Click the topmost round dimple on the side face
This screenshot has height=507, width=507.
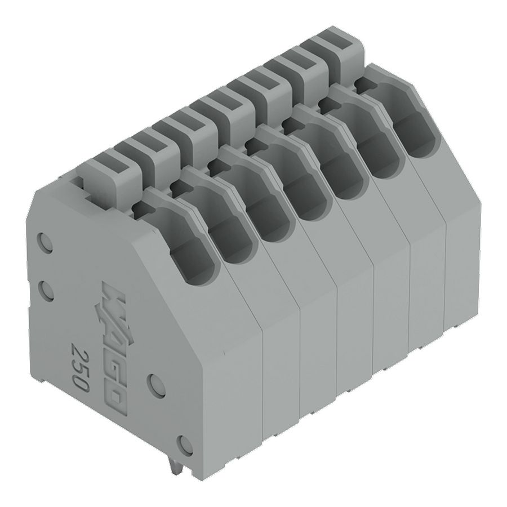45,241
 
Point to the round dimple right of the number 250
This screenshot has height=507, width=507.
158,385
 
